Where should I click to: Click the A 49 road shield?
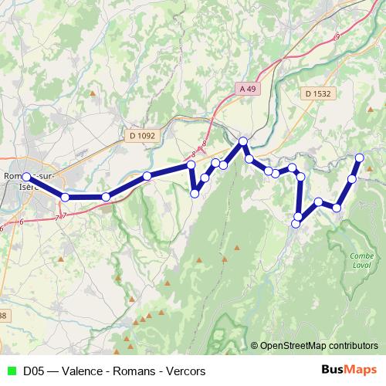tap(247, 90)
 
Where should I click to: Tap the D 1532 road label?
tap(317, 93)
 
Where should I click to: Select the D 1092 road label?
tap(143, 135)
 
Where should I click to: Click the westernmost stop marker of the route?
tap(26, 177)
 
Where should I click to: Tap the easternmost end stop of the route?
tap(359, 157)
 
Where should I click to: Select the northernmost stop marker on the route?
tap(242, 141)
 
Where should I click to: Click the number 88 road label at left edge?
tap(3, 316)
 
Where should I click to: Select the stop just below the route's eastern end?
tap(352, 179)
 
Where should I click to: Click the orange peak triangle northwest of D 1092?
tap(93, 94)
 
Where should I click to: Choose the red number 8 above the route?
tap(204, 144)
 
